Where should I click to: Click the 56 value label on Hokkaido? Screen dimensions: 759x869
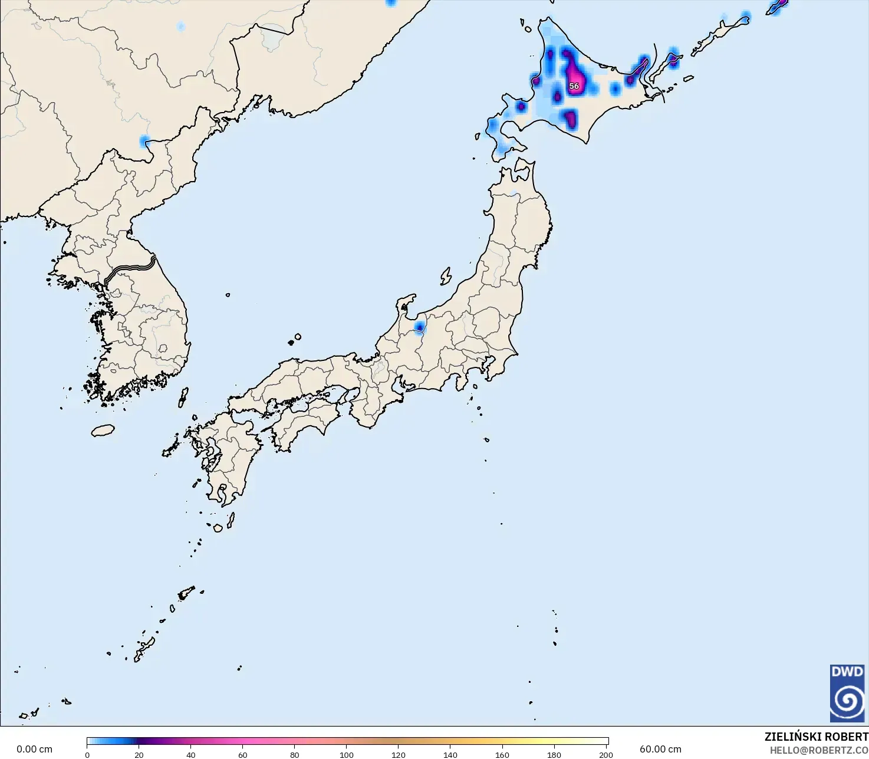[574, 86]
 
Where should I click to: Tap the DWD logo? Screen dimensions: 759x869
[847, 693]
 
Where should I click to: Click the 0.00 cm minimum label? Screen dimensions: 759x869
[34, 749]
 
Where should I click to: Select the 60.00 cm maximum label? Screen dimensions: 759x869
[660, 749]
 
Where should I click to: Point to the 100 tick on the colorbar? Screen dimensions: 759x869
[347, 754]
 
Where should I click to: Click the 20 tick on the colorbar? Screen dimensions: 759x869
[139, 754]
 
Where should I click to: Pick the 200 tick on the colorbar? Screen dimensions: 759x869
[605, 754]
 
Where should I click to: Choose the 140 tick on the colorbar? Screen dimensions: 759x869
[450, 754]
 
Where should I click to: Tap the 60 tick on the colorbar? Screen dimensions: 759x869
[243, 754]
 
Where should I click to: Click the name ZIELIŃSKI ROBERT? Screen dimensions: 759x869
[816, 737]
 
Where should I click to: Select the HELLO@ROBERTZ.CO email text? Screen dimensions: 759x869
[819, 750]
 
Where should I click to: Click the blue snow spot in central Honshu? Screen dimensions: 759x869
[420, 326]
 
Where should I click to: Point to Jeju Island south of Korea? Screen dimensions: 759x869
[103, 431]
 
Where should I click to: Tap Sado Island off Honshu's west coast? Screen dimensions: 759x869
[446, 276]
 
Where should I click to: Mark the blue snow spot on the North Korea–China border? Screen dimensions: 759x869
[144, 141]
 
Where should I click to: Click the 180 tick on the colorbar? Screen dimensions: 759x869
[554, 754]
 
